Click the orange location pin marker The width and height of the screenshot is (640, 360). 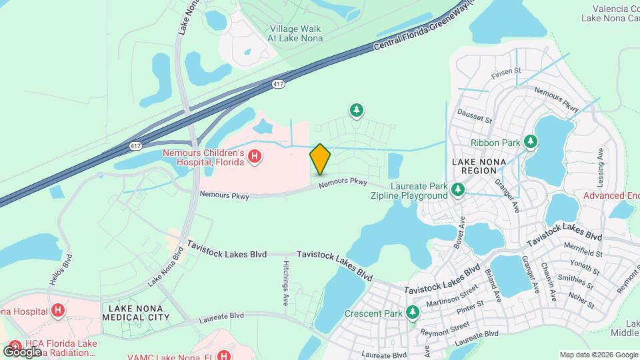(320, 159)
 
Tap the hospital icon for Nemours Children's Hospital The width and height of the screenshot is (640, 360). (254, 157)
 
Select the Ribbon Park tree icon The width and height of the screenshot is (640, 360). (531, 141)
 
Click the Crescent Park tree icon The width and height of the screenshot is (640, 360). (413, 312)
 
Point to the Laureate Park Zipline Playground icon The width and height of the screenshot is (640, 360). (458, 191)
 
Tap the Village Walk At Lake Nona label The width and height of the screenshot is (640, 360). (295, 33)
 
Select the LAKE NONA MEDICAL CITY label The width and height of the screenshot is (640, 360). (135, 313)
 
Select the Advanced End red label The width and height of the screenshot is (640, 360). (611, 195)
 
